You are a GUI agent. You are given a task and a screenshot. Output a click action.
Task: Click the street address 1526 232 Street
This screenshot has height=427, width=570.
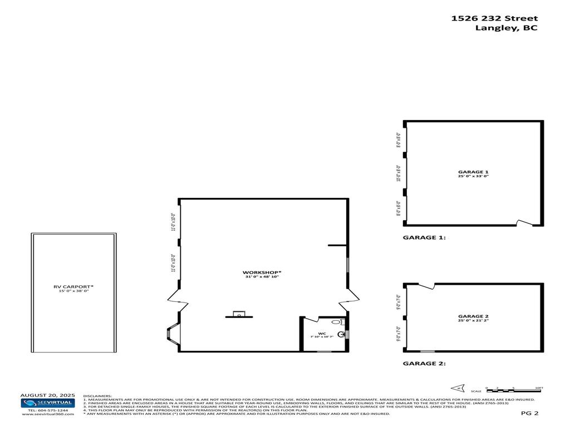pos(494,18)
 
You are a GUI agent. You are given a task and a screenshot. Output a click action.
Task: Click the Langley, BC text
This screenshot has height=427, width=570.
pos(506,28)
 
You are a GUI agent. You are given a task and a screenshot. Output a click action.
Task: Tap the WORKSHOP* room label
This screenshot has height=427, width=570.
pos(262,272)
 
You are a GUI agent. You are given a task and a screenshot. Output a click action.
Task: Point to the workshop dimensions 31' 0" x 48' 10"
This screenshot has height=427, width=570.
pos(262,276)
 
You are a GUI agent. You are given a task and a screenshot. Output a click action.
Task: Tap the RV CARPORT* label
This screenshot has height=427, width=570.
pos(73,287)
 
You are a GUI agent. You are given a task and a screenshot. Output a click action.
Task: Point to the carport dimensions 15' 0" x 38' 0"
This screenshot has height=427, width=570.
pos(73,291)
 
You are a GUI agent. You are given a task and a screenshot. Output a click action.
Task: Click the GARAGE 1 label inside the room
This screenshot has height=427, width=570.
pos(473,172)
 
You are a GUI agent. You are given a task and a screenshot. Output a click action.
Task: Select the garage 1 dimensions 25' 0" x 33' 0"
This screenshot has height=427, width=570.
pos(473,176)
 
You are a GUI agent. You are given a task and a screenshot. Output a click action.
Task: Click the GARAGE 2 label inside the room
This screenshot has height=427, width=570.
pos(473,316)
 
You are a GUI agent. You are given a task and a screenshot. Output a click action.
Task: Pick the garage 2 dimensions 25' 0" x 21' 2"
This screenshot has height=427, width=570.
pos(473,320)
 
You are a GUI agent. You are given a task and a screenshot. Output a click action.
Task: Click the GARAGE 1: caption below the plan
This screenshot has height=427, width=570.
pos(424,237)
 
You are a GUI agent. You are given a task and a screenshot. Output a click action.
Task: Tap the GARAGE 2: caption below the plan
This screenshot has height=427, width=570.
pos(424,364)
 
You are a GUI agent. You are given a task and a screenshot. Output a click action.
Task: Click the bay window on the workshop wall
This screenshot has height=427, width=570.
pos(171,334)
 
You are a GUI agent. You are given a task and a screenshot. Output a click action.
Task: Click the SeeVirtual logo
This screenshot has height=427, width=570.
pos(47,403)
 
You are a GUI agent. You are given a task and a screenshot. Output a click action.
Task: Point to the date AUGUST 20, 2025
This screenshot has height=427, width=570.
pos(47,395)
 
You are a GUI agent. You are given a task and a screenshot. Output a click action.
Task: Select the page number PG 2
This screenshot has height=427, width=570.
pos(529,413)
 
